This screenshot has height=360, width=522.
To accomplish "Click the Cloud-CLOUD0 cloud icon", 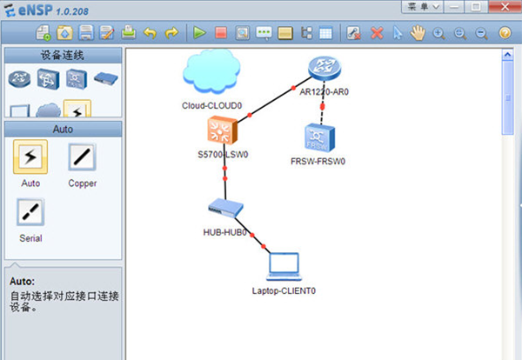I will point(211,70).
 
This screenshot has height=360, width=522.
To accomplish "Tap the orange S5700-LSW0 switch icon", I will point(223,131).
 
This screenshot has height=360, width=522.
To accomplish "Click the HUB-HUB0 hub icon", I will point(225,209).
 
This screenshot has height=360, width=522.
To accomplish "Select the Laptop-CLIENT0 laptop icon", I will point(284,265).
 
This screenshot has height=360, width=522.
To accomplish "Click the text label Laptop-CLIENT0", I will point(284,290).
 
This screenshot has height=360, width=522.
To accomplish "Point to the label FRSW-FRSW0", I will point(319,162).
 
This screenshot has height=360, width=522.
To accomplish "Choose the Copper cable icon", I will point(82,158).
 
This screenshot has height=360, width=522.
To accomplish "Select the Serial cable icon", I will point(30,211).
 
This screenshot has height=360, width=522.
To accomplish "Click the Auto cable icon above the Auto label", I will point(30,157).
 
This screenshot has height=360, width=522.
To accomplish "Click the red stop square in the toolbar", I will point(221,33).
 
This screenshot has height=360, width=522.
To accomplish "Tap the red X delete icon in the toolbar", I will point(377,33).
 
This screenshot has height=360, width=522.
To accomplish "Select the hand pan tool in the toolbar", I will point(418,33).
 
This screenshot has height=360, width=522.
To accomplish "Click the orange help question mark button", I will point(505,33).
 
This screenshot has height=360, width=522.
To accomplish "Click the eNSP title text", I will point(37,8).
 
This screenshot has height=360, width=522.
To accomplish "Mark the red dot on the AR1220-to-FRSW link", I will point(322,105).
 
